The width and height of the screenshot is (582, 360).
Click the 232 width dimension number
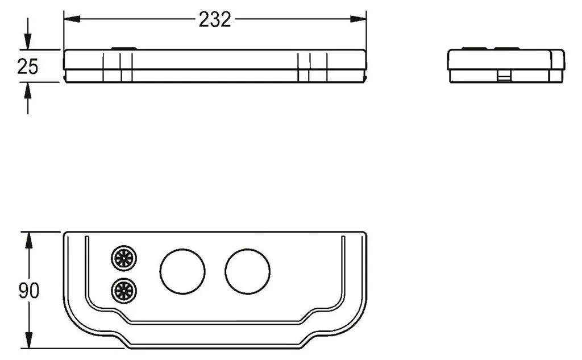(214, 19)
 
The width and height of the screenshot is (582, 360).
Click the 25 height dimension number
(27, 67)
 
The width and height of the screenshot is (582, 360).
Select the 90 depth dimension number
(28, 290)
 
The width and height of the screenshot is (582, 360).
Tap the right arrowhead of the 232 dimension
(358, 19)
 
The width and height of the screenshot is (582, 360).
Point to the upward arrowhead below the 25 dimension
(27, 90)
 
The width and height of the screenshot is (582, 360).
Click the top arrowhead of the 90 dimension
(28, 241)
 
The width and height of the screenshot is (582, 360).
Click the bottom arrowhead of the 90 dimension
(28, 340)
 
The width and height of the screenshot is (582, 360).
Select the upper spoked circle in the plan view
(124, 258)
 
